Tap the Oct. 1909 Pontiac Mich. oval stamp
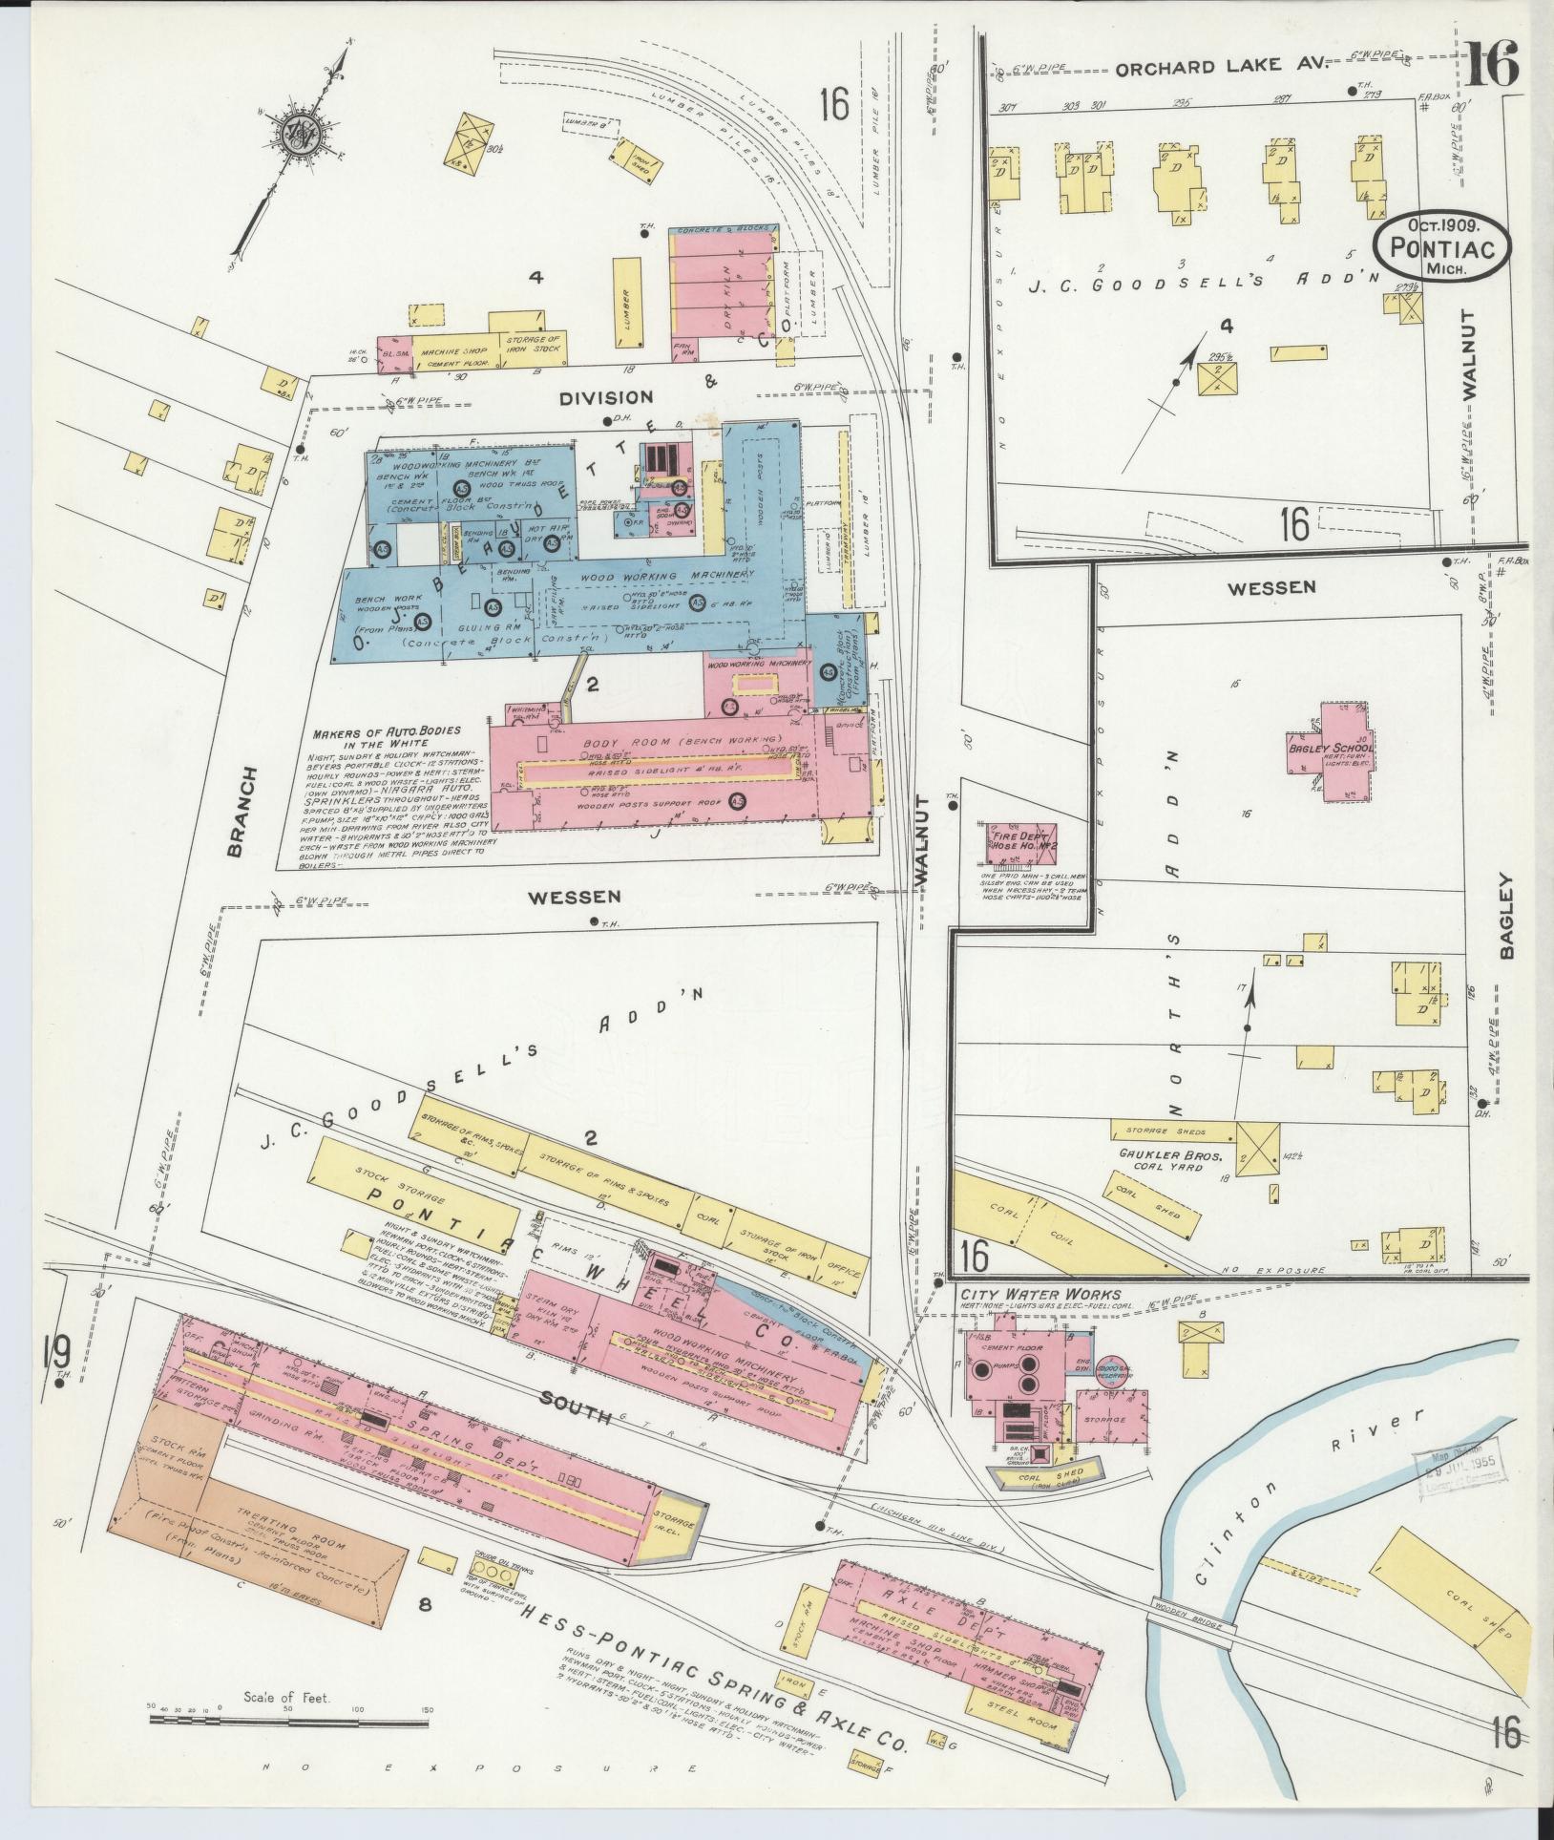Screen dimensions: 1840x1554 click(1442, 246)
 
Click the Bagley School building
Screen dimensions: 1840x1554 click(1331, 750)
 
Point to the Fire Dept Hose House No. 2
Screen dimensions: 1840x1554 click(1021, 842)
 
